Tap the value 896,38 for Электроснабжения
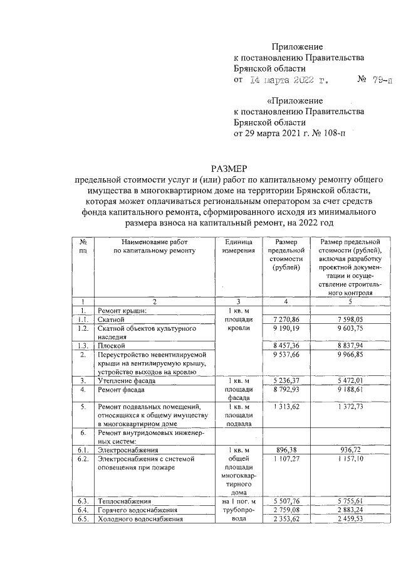(x=289, y=449)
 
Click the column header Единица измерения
(x=238, y=246)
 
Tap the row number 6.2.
(x=82, y=459)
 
